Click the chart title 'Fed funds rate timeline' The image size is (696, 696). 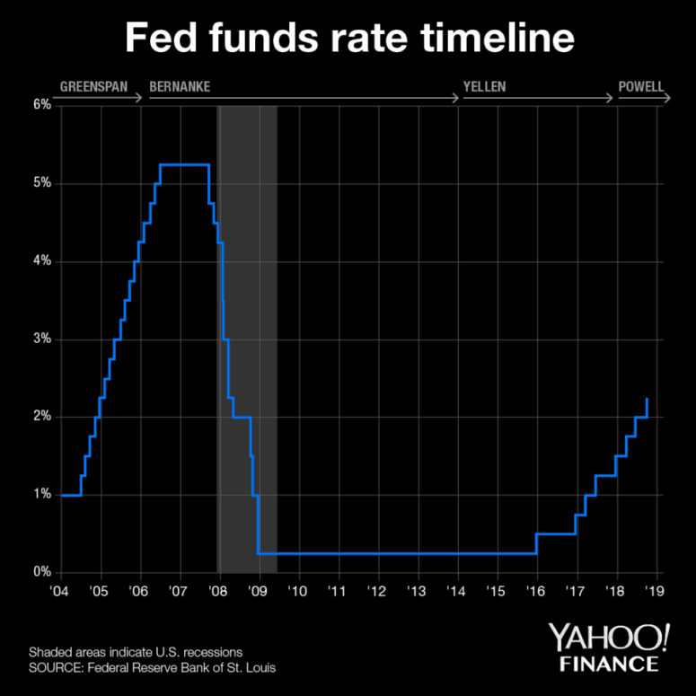[348, 40]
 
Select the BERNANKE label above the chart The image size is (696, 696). [180, 88]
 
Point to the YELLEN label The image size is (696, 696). [484, 88]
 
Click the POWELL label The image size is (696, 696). [640, 88]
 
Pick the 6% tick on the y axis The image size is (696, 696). [41, 105]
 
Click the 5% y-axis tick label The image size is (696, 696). [41, 183]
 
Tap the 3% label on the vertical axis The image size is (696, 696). [41, 339]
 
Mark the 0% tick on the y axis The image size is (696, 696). [41, 572]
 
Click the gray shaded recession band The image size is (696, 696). [248, 359]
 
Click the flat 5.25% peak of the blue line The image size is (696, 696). [184, 164]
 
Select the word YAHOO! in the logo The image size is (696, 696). [611, 639]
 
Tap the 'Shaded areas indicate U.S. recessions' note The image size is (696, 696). [135, 651]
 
